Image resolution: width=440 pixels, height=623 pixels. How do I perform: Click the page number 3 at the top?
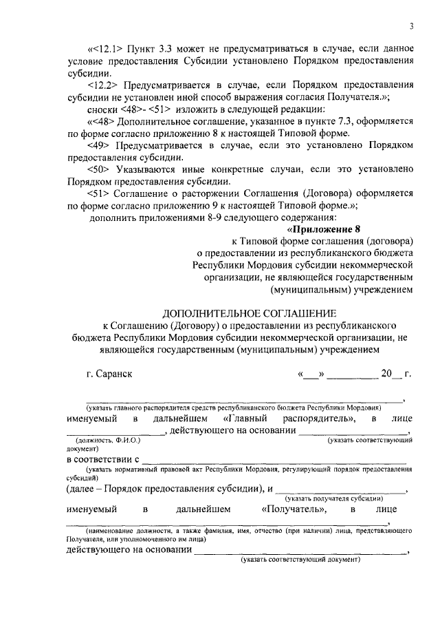pyautogui.click(x=410, y=27)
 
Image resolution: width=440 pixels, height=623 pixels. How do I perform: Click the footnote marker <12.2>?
pyautogui.click(x=104, y=85)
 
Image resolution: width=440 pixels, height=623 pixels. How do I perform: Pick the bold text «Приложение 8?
pyautogui.click(x=322, y=229)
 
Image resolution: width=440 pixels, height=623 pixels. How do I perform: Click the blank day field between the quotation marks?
pyautogui.click(x=310, y=374)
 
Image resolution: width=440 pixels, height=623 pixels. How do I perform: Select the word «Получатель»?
pyautogui.click(x=296, y=510)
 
